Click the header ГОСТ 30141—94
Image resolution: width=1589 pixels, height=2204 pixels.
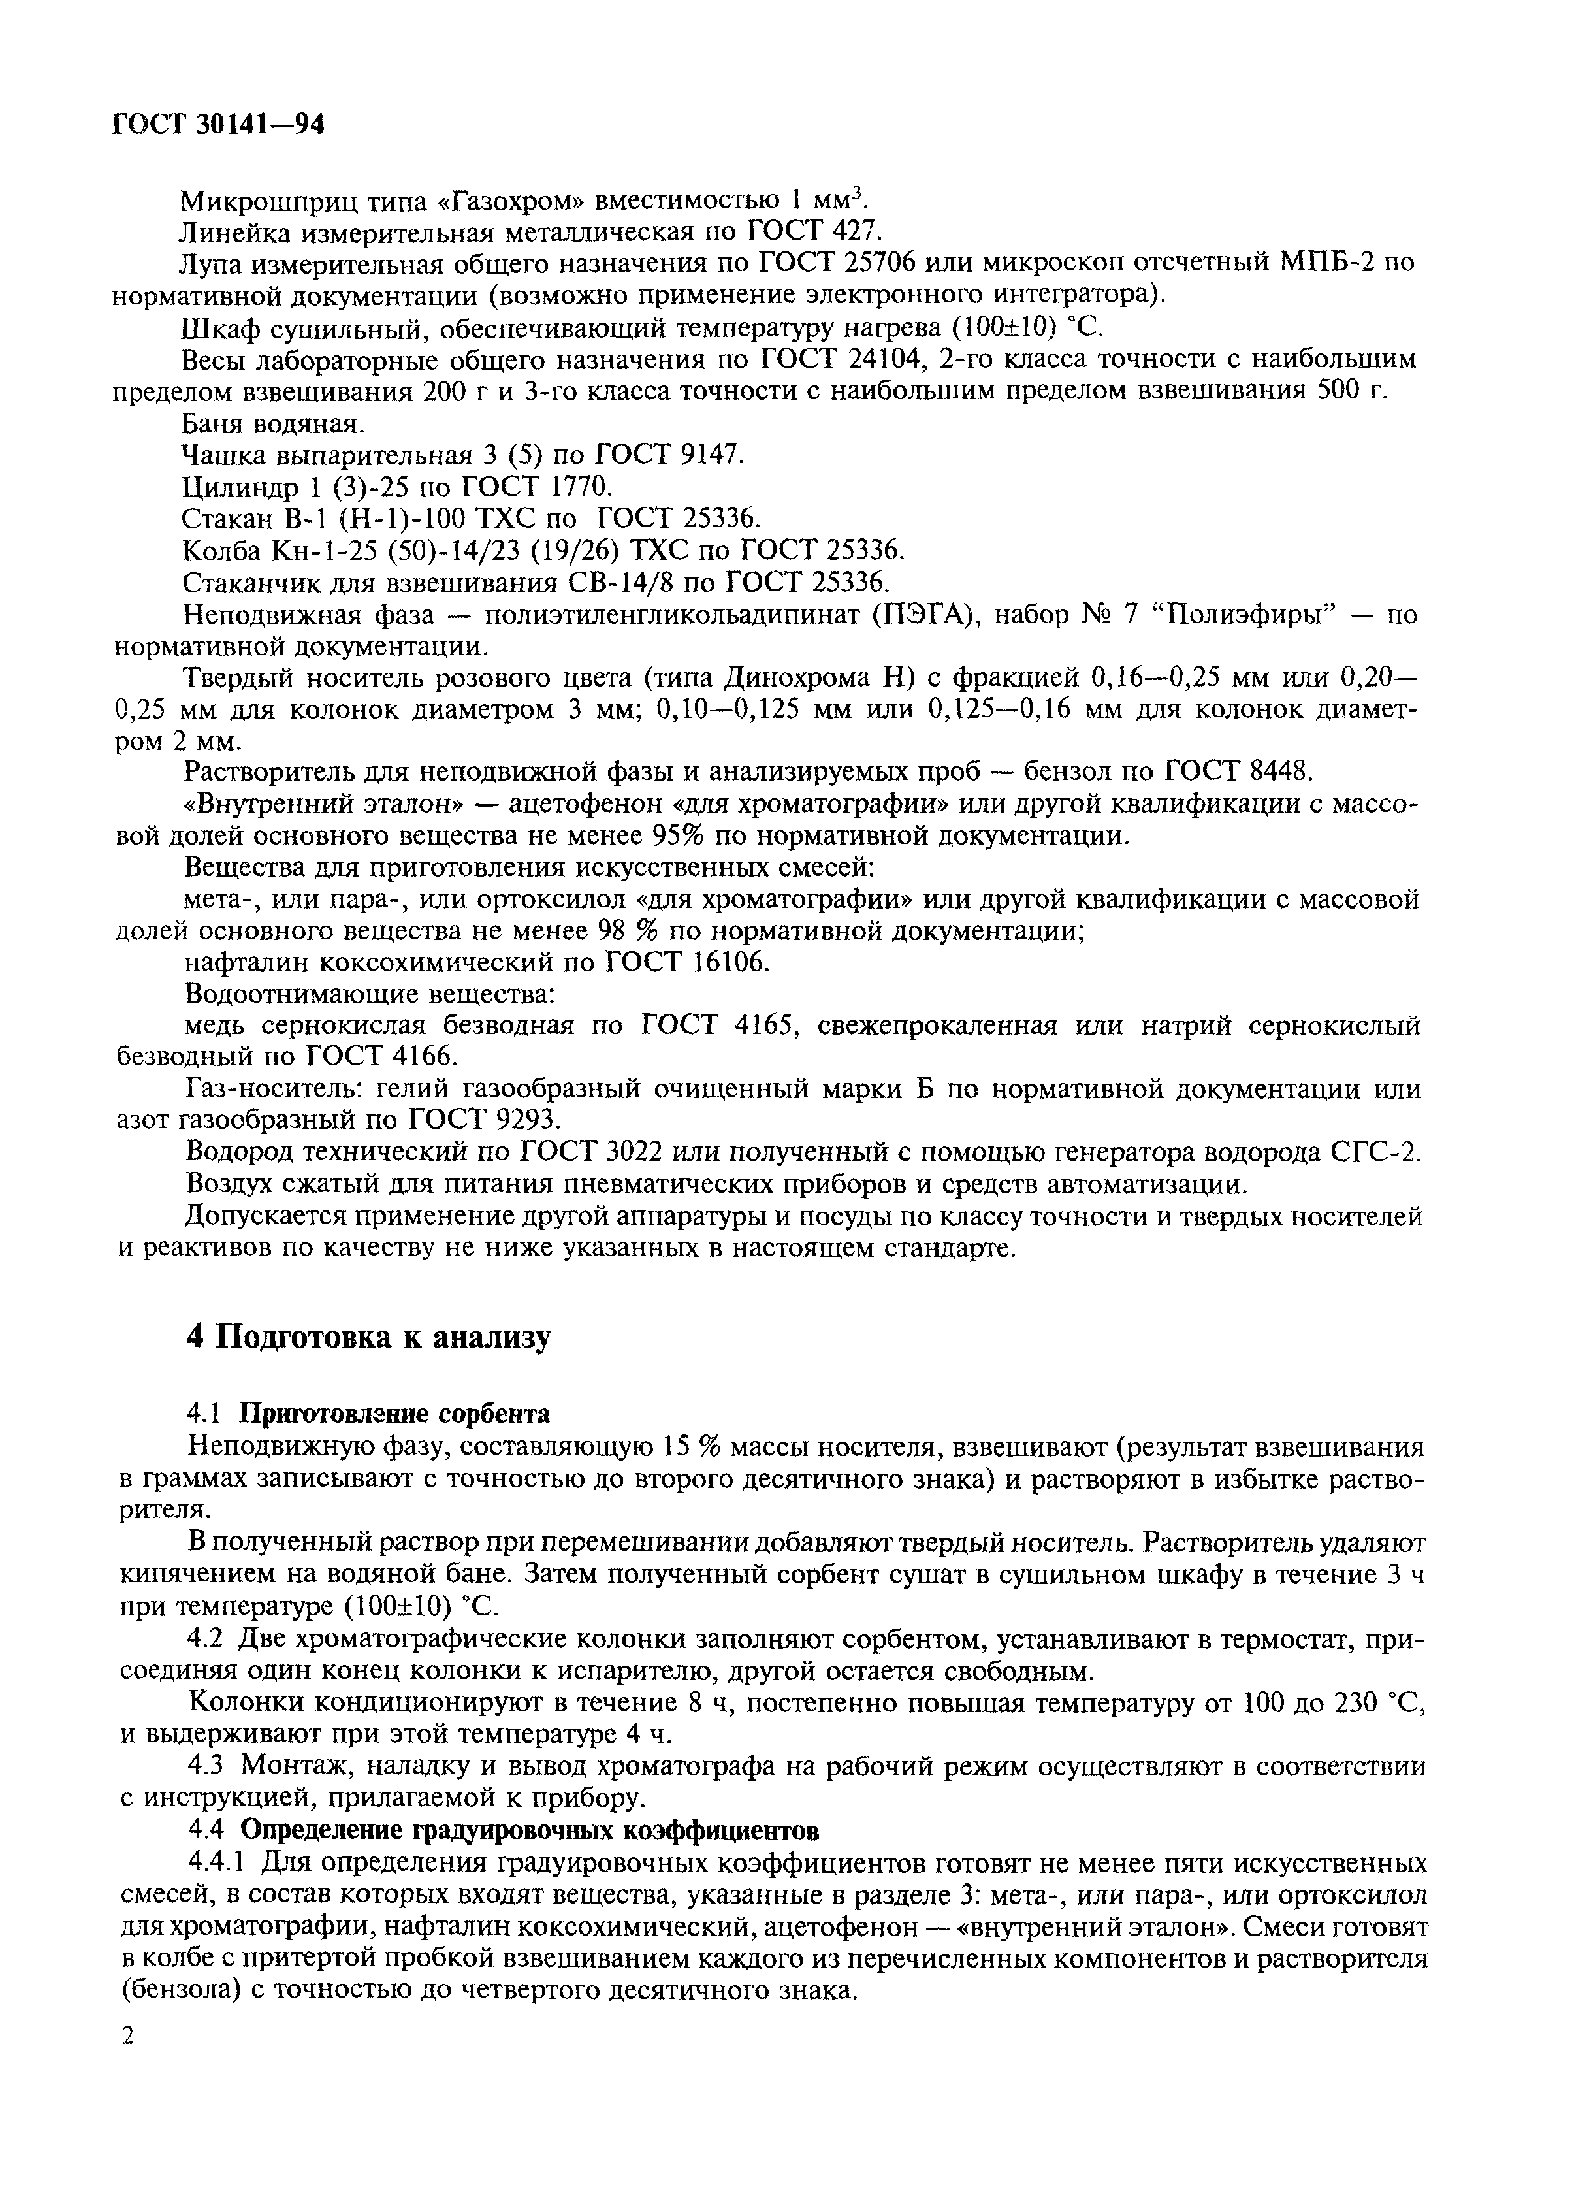point(217,123)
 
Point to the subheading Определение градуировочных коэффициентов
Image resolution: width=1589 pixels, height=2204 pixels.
point(530,1831)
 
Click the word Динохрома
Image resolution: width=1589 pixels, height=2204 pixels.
point(832,677)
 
